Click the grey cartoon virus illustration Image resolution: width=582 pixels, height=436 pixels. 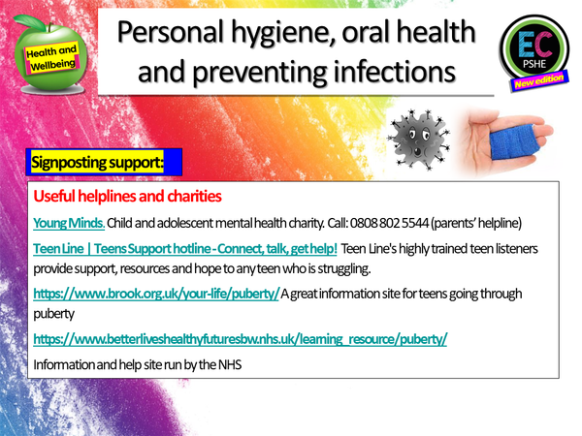417,137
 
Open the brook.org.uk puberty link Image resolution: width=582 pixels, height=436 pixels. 156,293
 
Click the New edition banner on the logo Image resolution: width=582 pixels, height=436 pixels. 537,84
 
